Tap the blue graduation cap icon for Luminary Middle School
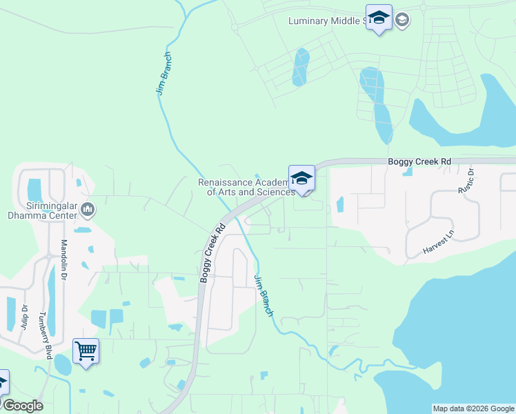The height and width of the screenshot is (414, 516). tap(379, 18)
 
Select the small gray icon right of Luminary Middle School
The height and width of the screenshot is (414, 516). tap(403, 20)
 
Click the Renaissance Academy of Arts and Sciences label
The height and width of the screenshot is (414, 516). tap(246, 187)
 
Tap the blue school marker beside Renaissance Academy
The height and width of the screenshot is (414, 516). tap(301, 179)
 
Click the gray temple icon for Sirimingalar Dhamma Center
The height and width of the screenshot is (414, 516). tap(88, 208)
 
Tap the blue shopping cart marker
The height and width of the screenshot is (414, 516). tap(86, 351)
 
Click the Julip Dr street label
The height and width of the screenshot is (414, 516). tap(24, 317)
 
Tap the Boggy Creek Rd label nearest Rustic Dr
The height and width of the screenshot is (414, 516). tap(419, 161)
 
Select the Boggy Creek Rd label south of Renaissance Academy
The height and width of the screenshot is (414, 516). tap(212, 252)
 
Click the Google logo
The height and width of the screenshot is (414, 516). tap(23, 406)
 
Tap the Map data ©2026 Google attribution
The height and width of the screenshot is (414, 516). tap(473, 408)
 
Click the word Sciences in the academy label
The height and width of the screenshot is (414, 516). tap(276, 192)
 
